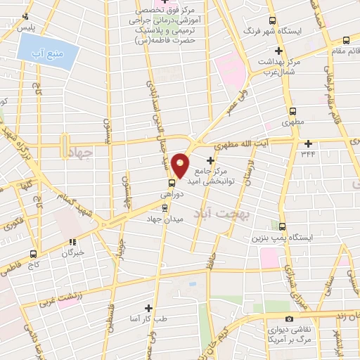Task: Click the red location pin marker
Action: pyautogui.click(x=181, y=165)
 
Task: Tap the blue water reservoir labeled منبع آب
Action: pyautogui.click(x=45, y=51)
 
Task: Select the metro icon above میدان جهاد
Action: pyautogui.click(x=165, y=207)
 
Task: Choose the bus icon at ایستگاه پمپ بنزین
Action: pyautogui.click(x=283, y=226)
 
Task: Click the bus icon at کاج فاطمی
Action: pyautogui.click(x=33, y=254)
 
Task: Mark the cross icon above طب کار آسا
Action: pyautogui.click(x=148, y=308)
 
